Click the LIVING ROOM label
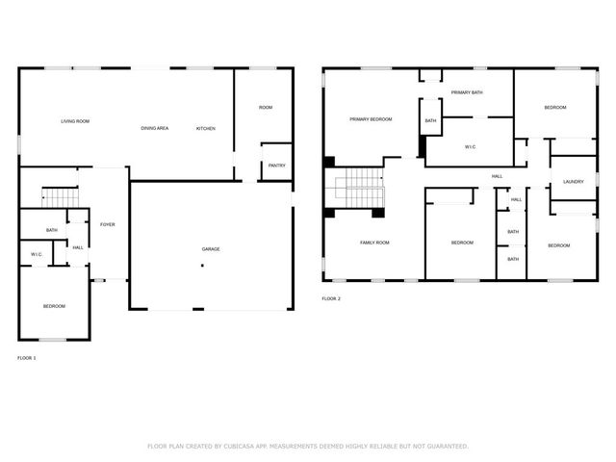point(75,121)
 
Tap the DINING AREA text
point(155,128)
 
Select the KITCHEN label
point(206,128)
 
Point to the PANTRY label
point(276,165)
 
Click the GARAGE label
point(210,249)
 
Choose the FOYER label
point(108,224)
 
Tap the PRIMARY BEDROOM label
point(371,118)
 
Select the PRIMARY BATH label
point(467,92)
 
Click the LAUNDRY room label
point(574,182)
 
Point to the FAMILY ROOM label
point(374,243)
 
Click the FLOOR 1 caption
point(27,358)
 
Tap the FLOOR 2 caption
point(331,299)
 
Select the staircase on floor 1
point(60,196)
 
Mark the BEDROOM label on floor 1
point(54,306)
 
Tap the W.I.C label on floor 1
point(36,254)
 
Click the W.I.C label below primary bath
point(470,147)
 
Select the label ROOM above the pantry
point(266,107)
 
